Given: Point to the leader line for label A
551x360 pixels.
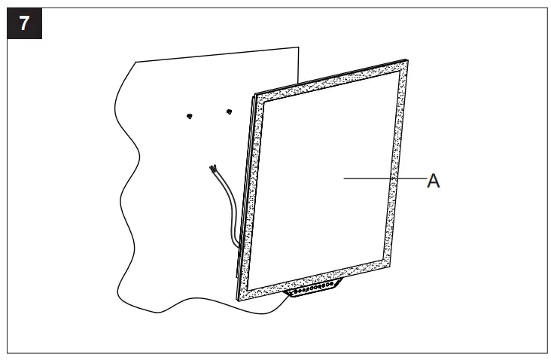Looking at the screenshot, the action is pyautogui.click(x=384, y=178).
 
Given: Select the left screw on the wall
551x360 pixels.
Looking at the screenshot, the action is pyautogui.click(x=190, y=115).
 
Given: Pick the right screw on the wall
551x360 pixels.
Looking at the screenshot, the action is pyautogui.click(x=229, y=113).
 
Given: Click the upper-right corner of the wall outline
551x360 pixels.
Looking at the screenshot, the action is pyautogui.click(x=299, y=44).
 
